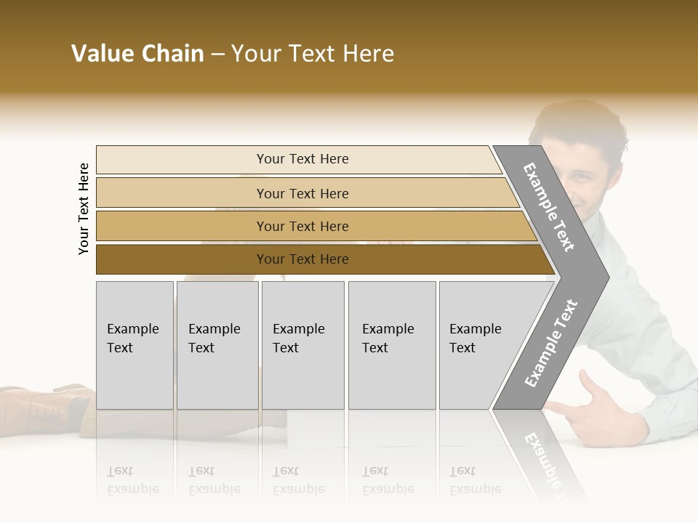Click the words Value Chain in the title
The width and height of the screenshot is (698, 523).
[137, 54]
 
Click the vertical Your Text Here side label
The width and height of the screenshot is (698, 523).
[84, 208]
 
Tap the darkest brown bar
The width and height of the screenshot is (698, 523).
[320, 259]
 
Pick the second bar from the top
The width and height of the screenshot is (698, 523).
[305, 193]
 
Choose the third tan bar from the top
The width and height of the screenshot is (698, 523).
[313, 226]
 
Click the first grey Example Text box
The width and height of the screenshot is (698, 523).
[135, 345]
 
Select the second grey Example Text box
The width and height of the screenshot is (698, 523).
[217, 345]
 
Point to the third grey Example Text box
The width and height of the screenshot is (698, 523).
[302, 345]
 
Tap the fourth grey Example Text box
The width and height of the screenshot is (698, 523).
[391, 345]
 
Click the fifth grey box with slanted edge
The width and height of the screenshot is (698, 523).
[480, 345]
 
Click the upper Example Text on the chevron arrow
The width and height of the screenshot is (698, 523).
[549, 207]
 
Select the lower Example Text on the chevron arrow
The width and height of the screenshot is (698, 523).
[551, 344]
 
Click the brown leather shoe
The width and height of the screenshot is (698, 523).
[44, 403]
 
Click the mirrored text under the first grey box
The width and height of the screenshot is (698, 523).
[132, 480]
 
